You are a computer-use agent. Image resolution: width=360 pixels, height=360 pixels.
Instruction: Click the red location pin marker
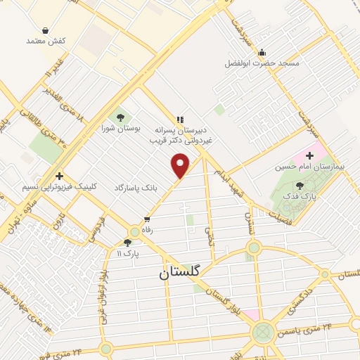coord(181,165)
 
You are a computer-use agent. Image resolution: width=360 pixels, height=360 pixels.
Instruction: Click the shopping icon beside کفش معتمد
coord(46,30)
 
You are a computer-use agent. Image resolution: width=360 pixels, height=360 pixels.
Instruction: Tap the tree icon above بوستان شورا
coord(120,117)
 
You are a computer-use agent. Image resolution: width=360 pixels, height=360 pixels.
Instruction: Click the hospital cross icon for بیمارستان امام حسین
coord(310,155)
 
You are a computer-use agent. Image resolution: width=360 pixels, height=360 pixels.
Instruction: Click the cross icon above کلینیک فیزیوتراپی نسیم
coord(59,176)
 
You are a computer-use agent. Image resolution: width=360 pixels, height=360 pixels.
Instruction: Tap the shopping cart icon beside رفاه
coord(146,219)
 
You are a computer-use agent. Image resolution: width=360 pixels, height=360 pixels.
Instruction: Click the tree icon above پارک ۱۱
coord(127,242)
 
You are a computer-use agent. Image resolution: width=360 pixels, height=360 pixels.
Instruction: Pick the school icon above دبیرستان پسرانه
coord(181,120)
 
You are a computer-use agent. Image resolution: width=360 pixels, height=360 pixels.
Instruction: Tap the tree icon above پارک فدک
coord(301,186)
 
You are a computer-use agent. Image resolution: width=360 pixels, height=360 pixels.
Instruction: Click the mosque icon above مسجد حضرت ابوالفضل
coord(262,52)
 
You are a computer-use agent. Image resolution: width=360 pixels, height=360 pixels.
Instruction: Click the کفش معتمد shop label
coord(46,41)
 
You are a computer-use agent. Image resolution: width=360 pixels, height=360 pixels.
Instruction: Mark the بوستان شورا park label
coord(117,128)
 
